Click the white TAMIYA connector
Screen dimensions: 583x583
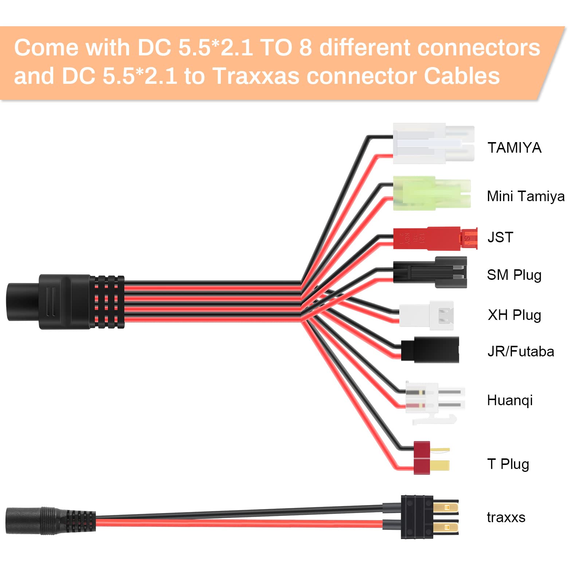(433, 144)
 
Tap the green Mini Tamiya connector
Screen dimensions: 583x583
(431, 193)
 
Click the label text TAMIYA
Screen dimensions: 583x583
(514, 148)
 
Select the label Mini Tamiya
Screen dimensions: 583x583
(525, 196)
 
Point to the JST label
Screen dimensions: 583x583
(500, 238)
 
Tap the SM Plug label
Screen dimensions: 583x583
(514, 275)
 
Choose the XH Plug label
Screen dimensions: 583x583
(514, 315)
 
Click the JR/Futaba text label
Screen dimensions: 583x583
(520, 352)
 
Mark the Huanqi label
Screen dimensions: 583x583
(509, 400)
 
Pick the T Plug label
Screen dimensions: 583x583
(508, 464)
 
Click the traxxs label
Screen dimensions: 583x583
(506, 517)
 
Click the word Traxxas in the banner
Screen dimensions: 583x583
(258, 76)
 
